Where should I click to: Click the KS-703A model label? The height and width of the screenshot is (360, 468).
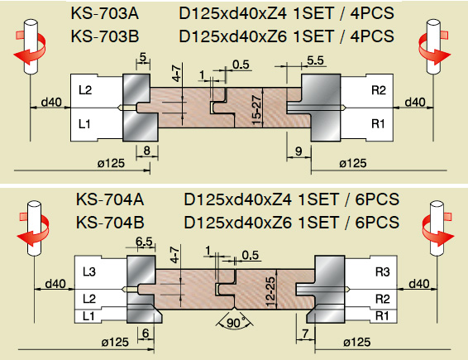click(x=105, y=13)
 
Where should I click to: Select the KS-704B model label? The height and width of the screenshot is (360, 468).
click(x=110, y=223)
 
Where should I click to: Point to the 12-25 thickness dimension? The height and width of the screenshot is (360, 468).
click(x=270, y=292)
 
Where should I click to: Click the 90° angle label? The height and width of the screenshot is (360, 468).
click(x=234, y=323)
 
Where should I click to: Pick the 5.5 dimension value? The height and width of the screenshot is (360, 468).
click(x=316, y=60)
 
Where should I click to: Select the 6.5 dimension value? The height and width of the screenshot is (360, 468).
click(x=144, y=242)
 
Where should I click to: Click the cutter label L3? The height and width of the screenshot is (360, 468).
click(x=89, y=272)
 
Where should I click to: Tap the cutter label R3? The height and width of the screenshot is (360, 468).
click(x=382, y=272)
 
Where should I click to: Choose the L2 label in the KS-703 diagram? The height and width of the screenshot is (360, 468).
click(x=85, y=90)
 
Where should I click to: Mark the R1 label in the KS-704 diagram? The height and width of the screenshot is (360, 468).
click(x=382, y=316)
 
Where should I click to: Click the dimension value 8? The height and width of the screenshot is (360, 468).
click(x=146, y=151)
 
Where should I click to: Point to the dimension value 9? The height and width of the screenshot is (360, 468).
click(x=298, y=151)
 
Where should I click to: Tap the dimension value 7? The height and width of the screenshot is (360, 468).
click(x=305, y=334)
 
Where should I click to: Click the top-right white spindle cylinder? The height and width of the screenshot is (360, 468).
click(x=433, y=46)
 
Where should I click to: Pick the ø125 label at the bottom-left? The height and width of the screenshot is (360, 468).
click(x=115, y=342)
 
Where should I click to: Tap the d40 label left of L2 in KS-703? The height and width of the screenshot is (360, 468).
click(x=51, y=102)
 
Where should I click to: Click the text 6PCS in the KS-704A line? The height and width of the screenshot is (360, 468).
click(x=377, y=199)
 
